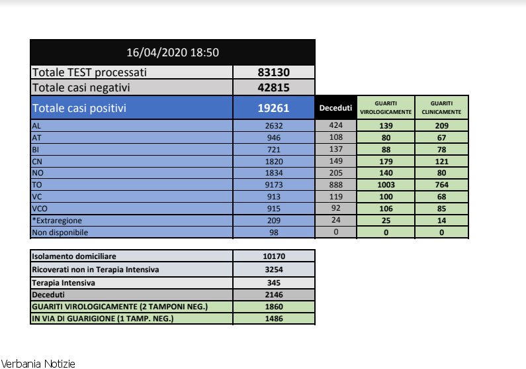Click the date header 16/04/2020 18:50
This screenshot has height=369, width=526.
pyautogui.click(x=172, y=52)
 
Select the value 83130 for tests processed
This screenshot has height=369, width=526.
pyautogui.click(x=273, y=72)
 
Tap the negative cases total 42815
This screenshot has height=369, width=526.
pyautogui.click(x=273, y=87)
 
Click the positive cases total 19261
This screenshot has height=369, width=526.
pyautogui.click(x=273, y=108)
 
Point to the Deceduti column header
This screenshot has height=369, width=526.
pyautogui.click(x=335, y=108)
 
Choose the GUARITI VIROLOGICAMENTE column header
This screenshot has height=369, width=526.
pyautogui.click(x=386, y=108)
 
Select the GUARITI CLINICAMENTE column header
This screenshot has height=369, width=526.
pyautogui.click(x=441, y=108)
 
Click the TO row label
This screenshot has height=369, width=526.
pyautogui.click(x=37, y=185)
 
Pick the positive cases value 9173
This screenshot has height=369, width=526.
pyautogui.click(x=273, y=185)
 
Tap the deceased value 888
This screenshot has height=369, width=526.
pyautogui.click(x=335, y=185)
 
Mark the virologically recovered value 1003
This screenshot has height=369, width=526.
pyautogui.click(x=386, y=185)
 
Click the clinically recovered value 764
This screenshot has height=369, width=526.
pyautogui.click(x=441, y=185)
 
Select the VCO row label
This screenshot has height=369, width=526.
pyautogui.click(x=40, y=209)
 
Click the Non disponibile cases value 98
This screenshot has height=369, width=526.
pyautogui.click(x=273, y=233)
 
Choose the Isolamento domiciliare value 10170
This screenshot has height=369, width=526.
pyautogui.click(x=273, y=256)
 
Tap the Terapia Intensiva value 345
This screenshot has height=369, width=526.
pyautogui.click(x=273, y=282)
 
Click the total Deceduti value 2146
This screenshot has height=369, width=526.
pyautogui.click(x=273, y=294)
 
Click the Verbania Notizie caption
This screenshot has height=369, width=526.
pyautogui.click(x=38, y=364)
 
